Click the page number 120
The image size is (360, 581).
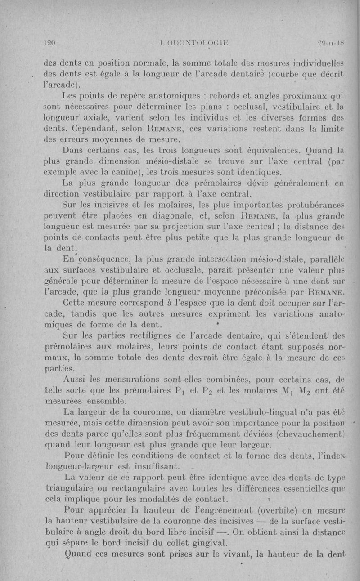[48, 43]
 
